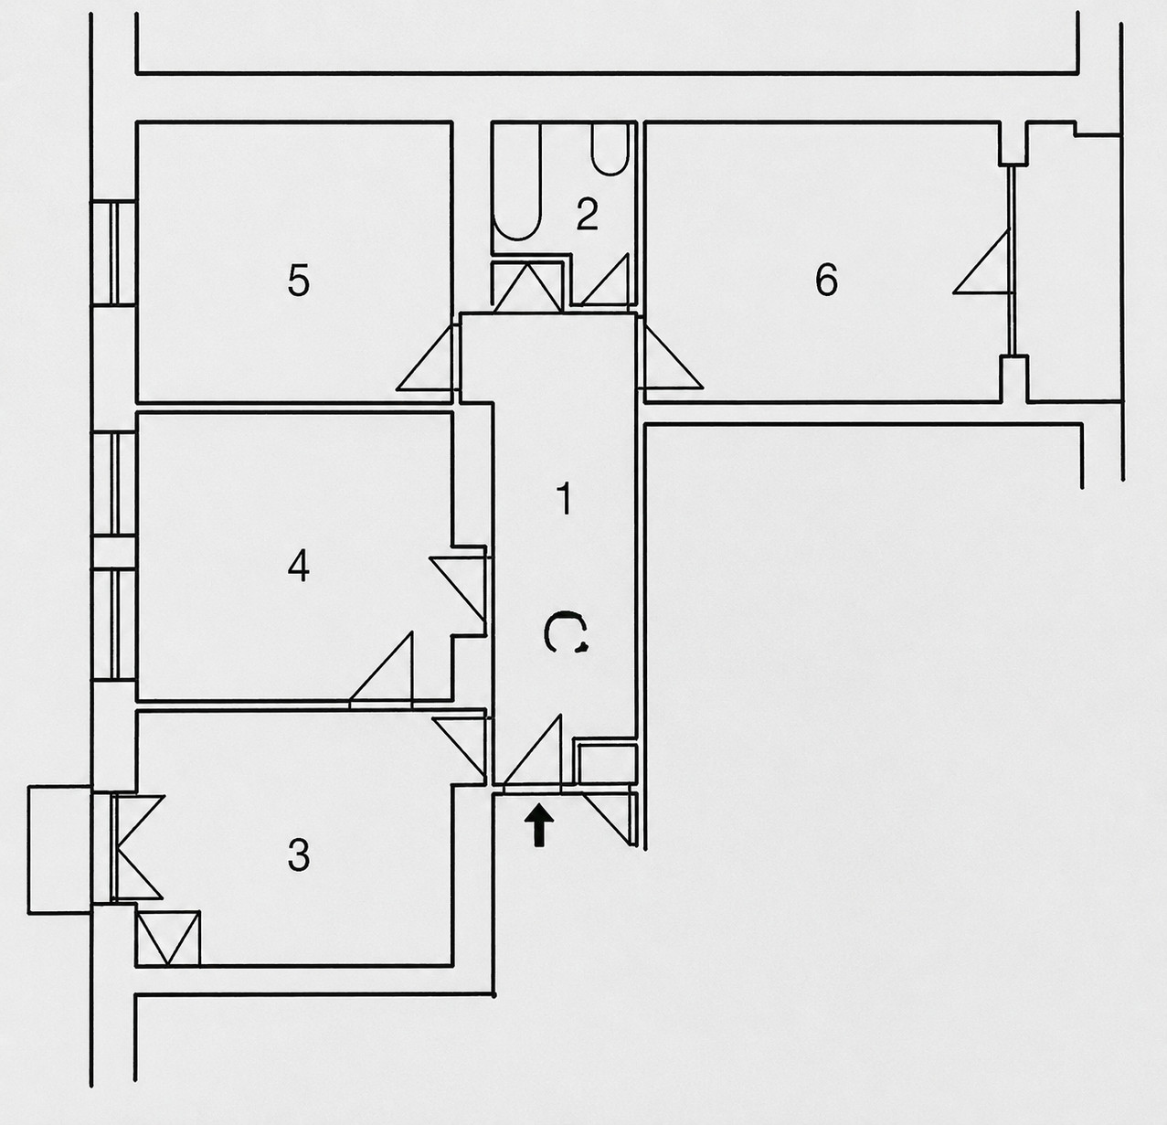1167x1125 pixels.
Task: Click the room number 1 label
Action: [565, 499]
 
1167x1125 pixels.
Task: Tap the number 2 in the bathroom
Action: [587, 214]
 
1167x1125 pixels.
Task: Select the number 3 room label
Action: [299, 855]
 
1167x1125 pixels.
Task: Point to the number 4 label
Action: [299, 566]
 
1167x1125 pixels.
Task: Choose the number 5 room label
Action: [299, 280]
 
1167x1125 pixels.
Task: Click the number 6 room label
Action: [826, 279]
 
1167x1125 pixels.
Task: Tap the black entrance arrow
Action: [538, 825]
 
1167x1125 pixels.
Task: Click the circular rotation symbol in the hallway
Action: [566, 632]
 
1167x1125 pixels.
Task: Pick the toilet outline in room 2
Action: [610, 149]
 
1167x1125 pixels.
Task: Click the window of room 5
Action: [113, 253]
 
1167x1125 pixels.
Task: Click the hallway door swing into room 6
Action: [672, 355]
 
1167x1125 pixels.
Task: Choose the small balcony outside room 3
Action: [59, 850]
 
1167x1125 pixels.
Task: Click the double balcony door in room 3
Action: [137, 847]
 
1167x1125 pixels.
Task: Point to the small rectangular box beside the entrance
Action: [605, 763]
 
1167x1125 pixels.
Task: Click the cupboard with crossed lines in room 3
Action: [168, 938]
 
